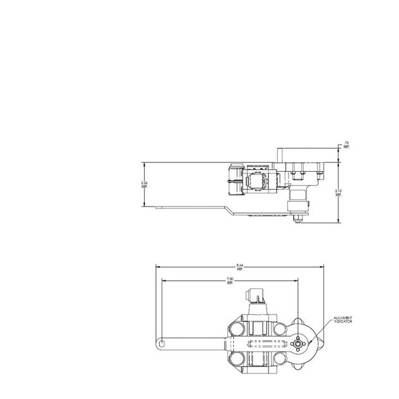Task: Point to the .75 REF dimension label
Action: pyautogui.click(x=347, y=145)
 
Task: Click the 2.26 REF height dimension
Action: pyautogui.click(x=145, y=184)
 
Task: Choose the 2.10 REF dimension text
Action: pyautogui.click(x=338, y=193)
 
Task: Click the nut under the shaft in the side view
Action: pyautogui.click(x=295, y=219)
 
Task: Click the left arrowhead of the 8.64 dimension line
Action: pyautogui.click(x=157, y=266)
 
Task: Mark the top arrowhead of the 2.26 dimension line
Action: pyautogui.click(x=145, y=162)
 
